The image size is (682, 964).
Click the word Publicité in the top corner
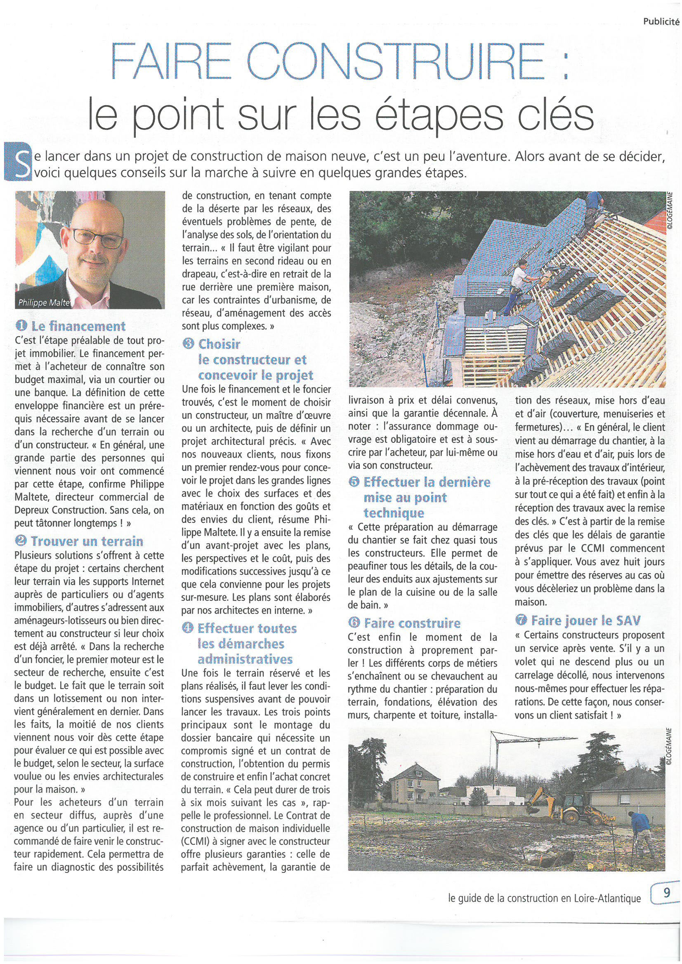661,22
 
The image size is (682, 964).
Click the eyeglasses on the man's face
97,239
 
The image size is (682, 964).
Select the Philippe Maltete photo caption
44,303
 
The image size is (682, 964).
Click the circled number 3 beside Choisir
188,344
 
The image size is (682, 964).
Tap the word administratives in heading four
245,659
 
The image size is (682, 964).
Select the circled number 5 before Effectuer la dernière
354,482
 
